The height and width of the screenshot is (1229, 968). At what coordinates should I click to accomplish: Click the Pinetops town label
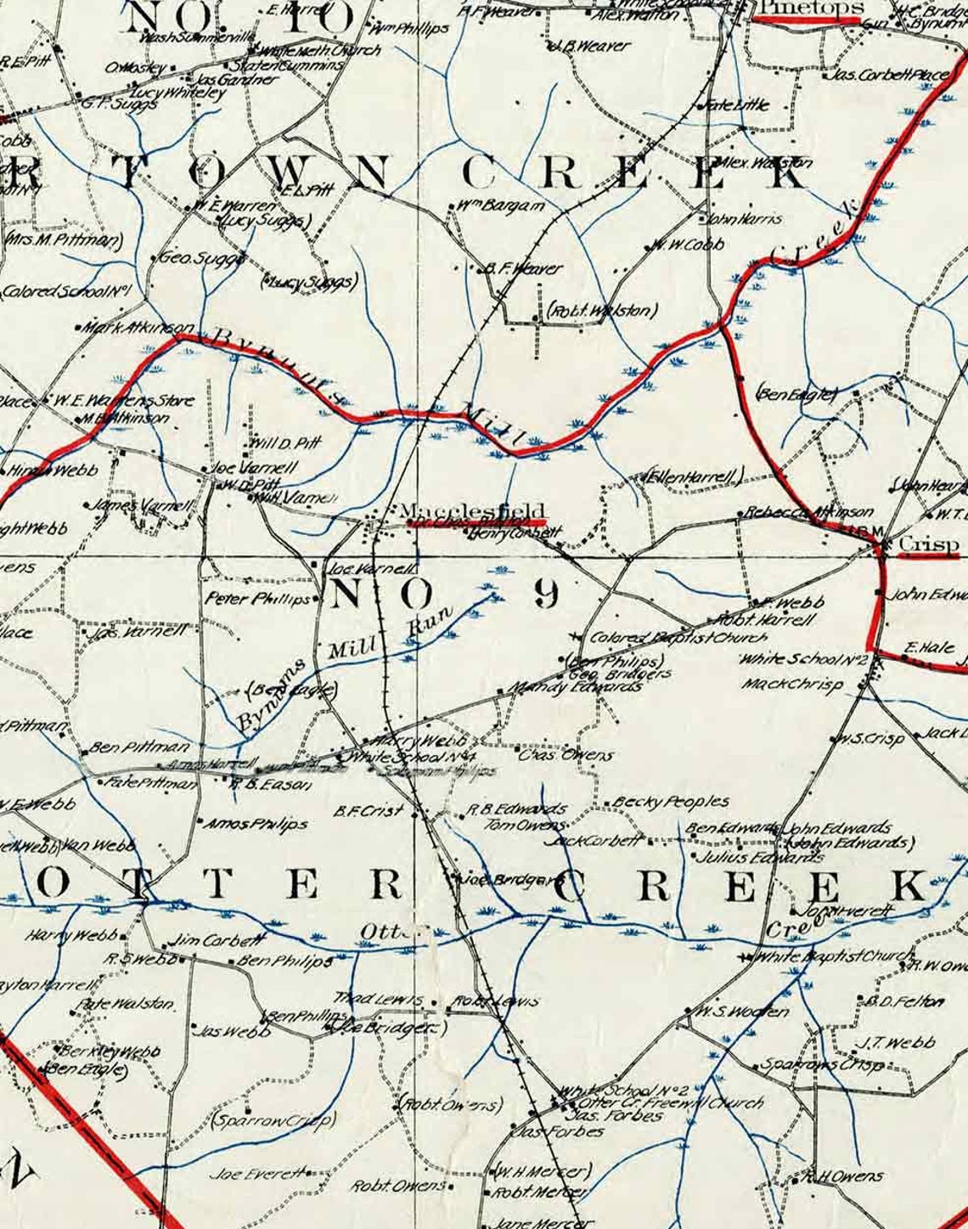tap(809, 8)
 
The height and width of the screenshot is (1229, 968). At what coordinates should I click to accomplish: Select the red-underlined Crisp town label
tap(928, 544)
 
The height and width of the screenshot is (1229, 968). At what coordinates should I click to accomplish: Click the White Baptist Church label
tap(823, 956)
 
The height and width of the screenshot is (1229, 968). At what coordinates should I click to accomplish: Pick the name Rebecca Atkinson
tap(808, 512)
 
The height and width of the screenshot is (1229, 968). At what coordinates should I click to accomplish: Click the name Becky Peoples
tap(670, 801)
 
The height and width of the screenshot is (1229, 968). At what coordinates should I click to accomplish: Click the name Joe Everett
tap(257, 1174)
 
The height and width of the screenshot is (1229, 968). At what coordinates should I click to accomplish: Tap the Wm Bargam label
tap(500, 206)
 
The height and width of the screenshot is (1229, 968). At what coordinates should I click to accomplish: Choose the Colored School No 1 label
tap(65, 290)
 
